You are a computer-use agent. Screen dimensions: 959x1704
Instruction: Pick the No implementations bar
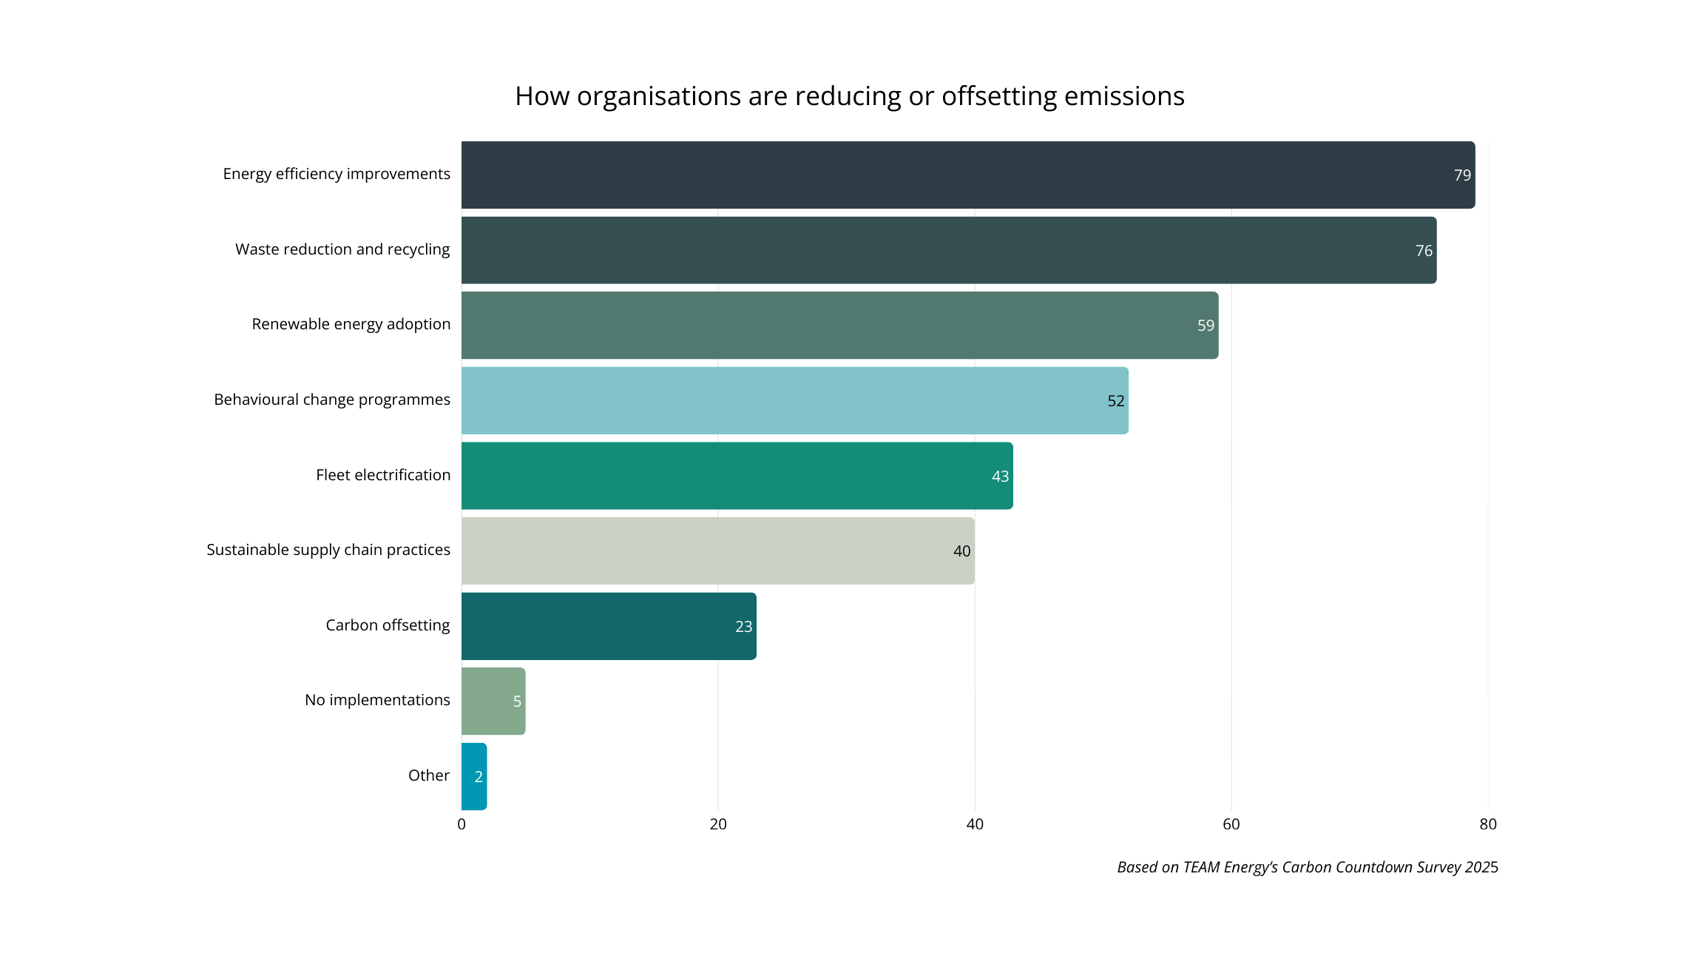(x=491, y=701)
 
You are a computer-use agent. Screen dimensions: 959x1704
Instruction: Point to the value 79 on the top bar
(x=1462, y=175)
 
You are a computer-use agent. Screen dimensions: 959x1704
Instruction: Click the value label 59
(x=1206, y=326)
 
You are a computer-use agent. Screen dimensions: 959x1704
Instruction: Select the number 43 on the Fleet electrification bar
(x=1000, y=477)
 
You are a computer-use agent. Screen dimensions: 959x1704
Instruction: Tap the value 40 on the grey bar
(x=961, y=551)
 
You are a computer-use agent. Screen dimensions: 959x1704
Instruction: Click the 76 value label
(x=1424, y=251)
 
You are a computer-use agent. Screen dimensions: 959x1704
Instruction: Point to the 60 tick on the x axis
(x=1231, y=824)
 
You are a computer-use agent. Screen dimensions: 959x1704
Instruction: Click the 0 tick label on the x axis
(x=461, y=824)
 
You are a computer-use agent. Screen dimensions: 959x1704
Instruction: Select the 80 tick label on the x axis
(x=1488, y=824)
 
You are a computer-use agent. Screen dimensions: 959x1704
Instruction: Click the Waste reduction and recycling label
(x=342, y=249)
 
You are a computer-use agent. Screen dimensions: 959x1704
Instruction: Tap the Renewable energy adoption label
(x=351, y=324)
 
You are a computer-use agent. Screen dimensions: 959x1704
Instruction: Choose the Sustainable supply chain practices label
(x=328, y=550)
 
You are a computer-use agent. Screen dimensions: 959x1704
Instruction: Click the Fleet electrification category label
(x=383, y=475)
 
